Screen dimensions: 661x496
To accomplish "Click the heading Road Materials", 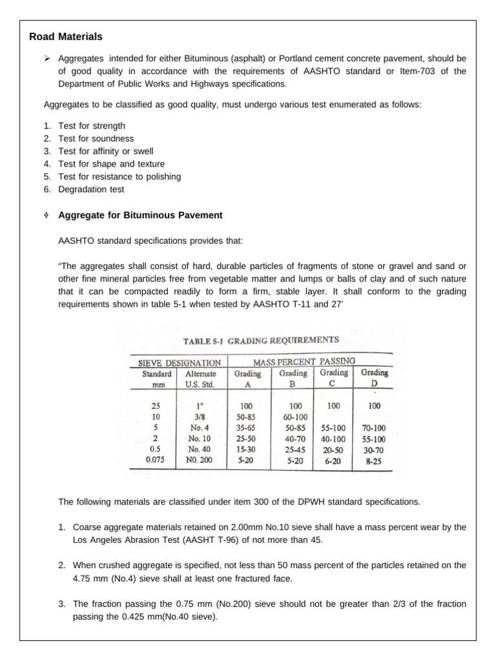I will tap(66, 37).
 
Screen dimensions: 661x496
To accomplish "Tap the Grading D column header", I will tap(374, 378).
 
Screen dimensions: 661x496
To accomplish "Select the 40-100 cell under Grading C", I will tap(333, 438).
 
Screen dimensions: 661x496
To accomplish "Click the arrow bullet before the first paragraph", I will tap(46, 59).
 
